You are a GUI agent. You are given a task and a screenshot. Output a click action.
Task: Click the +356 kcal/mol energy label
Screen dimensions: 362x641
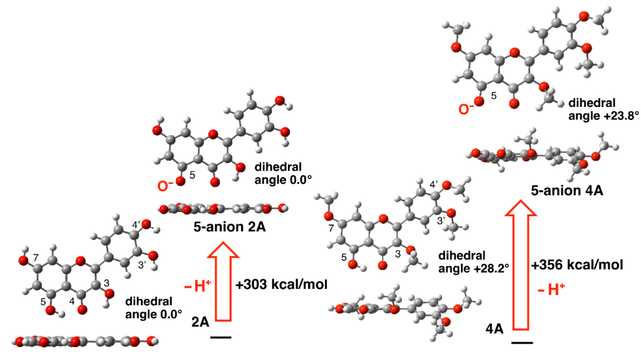click(x=577, y=265)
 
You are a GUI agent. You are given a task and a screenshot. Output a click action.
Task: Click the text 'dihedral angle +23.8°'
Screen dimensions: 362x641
click(x=595, y=109)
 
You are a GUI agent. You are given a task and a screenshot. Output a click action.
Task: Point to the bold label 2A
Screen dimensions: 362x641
click(x=200, y=323)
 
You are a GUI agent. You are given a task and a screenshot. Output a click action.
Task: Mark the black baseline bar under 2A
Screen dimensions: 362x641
click(x=221, y=338)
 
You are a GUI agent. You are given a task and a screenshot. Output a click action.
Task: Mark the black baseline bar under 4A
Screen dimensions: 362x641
click(x=521, y=343)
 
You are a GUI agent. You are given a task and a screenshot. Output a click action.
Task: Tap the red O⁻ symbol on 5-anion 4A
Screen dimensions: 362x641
click(x=466, y=109)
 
